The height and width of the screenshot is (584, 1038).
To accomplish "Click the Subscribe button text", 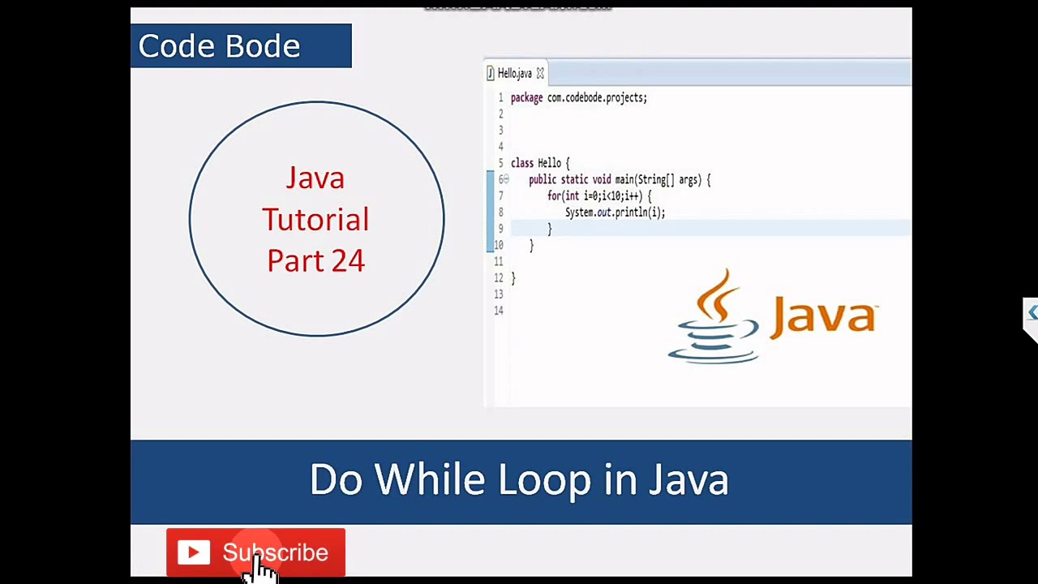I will coord(276,552).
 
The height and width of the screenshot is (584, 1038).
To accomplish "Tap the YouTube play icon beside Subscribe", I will coord(194,553).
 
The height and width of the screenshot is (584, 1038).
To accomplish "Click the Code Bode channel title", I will coord(219,46).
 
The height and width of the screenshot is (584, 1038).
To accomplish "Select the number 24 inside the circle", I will coord(348,260).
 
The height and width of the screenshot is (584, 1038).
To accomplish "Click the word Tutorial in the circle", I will coord(315,220).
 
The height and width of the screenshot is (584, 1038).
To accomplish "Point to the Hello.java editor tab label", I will coord(514,74).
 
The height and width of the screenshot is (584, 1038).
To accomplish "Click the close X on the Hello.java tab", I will coord(540,74).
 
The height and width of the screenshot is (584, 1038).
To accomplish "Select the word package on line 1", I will coord(526,98).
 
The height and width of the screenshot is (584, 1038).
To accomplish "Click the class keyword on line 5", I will coord(522,163).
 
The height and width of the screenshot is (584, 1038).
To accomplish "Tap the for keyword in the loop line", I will coord(554,196).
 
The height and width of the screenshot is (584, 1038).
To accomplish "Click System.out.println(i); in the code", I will coord(615,213).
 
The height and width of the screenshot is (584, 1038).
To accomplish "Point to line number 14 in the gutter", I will coord(498,311).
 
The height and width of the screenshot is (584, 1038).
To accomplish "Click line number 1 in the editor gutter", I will coord(500,98).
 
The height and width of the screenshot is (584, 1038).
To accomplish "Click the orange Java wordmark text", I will coord(823,316).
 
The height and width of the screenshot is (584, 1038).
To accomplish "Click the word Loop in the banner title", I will coord(544,480).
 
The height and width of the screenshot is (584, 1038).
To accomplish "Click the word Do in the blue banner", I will coord(336,479).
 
